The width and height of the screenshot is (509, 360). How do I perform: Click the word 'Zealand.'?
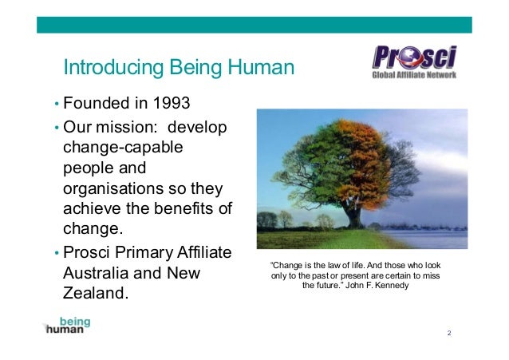click(x=95, y=294)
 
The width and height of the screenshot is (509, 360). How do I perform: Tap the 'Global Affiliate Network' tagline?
click(x=414, y=76)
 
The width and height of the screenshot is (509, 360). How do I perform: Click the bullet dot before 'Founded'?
click(x=56, y=105)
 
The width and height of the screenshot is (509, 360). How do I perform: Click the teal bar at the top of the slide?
click(x=254, y=25)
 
